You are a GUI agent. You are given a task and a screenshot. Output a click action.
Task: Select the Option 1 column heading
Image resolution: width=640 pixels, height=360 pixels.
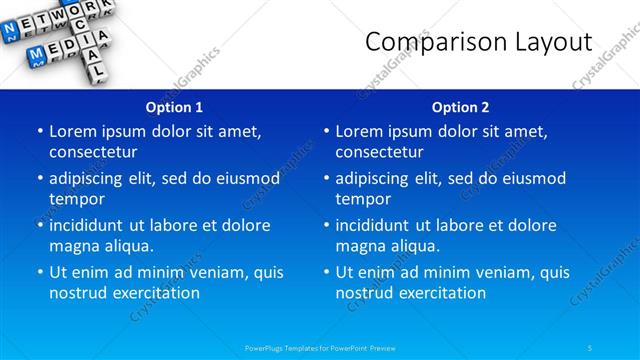tap(174, 107)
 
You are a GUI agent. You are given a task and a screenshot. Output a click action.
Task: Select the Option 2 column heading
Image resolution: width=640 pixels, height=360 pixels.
tap(460, 107)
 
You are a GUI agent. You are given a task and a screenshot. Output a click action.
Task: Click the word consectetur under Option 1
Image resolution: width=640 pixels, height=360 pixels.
tap(93, 152)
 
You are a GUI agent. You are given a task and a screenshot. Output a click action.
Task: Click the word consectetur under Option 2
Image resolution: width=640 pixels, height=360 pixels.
tap(379, 152)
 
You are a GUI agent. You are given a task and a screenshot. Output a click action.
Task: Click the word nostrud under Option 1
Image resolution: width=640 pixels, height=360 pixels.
tap(78, 293)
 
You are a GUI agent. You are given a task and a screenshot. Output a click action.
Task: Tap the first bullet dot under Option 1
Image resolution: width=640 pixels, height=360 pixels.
tap(40, 131)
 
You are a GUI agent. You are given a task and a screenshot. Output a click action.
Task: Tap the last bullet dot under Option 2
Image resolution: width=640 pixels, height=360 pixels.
tap(326, 272)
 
